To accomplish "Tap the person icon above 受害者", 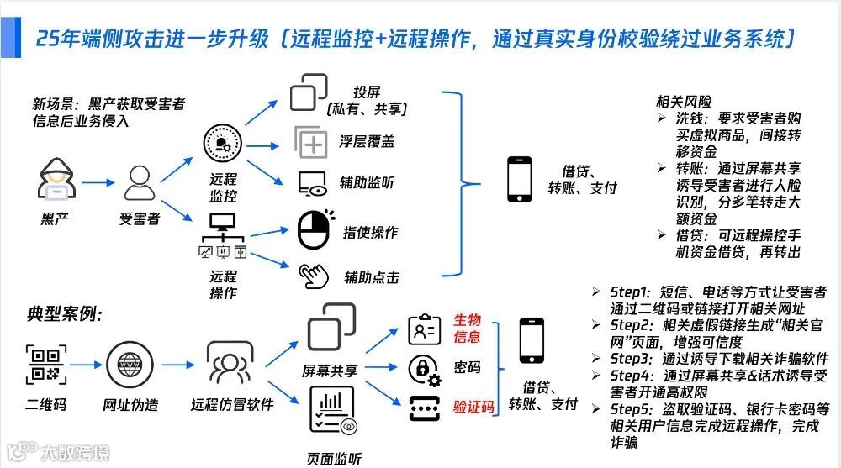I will [x=139, y=181].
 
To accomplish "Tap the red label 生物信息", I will [x=468, y=328].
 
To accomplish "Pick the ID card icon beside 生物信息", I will [x=423, y=329].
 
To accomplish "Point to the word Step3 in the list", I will [x=630, y=358].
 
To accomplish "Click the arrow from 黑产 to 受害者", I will [x=97, y=181].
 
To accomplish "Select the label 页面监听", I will [x=335, y=459].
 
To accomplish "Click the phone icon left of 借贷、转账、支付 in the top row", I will [x=519, y=179].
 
